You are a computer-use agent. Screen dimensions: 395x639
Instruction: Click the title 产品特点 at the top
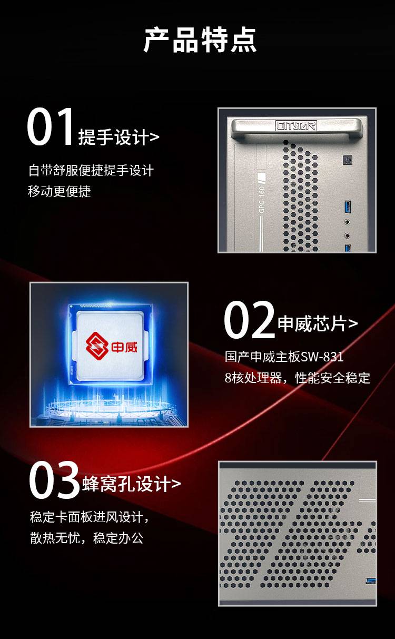point(200,40)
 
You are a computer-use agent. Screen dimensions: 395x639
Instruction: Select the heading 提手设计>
point(118,137)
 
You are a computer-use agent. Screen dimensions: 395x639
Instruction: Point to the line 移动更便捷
point(60,191)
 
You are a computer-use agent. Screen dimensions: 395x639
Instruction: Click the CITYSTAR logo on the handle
point(296,125)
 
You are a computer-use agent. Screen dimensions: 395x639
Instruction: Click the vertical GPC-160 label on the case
point(262,200)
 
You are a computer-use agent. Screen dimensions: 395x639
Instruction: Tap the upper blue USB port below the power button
point(347,207)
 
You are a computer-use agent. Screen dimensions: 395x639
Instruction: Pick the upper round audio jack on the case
point(347,222)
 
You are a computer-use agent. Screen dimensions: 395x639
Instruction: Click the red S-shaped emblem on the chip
point(97,346)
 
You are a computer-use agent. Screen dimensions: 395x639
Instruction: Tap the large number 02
point(249,320)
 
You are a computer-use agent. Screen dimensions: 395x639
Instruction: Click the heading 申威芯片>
point(318,323)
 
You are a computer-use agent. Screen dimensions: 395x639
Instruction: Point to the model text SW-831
point(322,357)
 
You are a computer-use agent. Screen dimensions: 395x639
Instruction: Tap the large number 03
point(54,480)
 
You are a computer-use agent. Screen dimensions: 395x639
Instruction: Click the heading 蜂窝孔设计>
point(132,484)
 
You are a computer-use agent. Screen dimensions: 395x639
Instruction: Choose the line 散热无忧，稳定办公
point(87,538)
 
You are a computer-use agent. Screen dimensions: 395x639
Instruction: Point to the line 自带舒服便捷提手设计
point(91,170)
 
